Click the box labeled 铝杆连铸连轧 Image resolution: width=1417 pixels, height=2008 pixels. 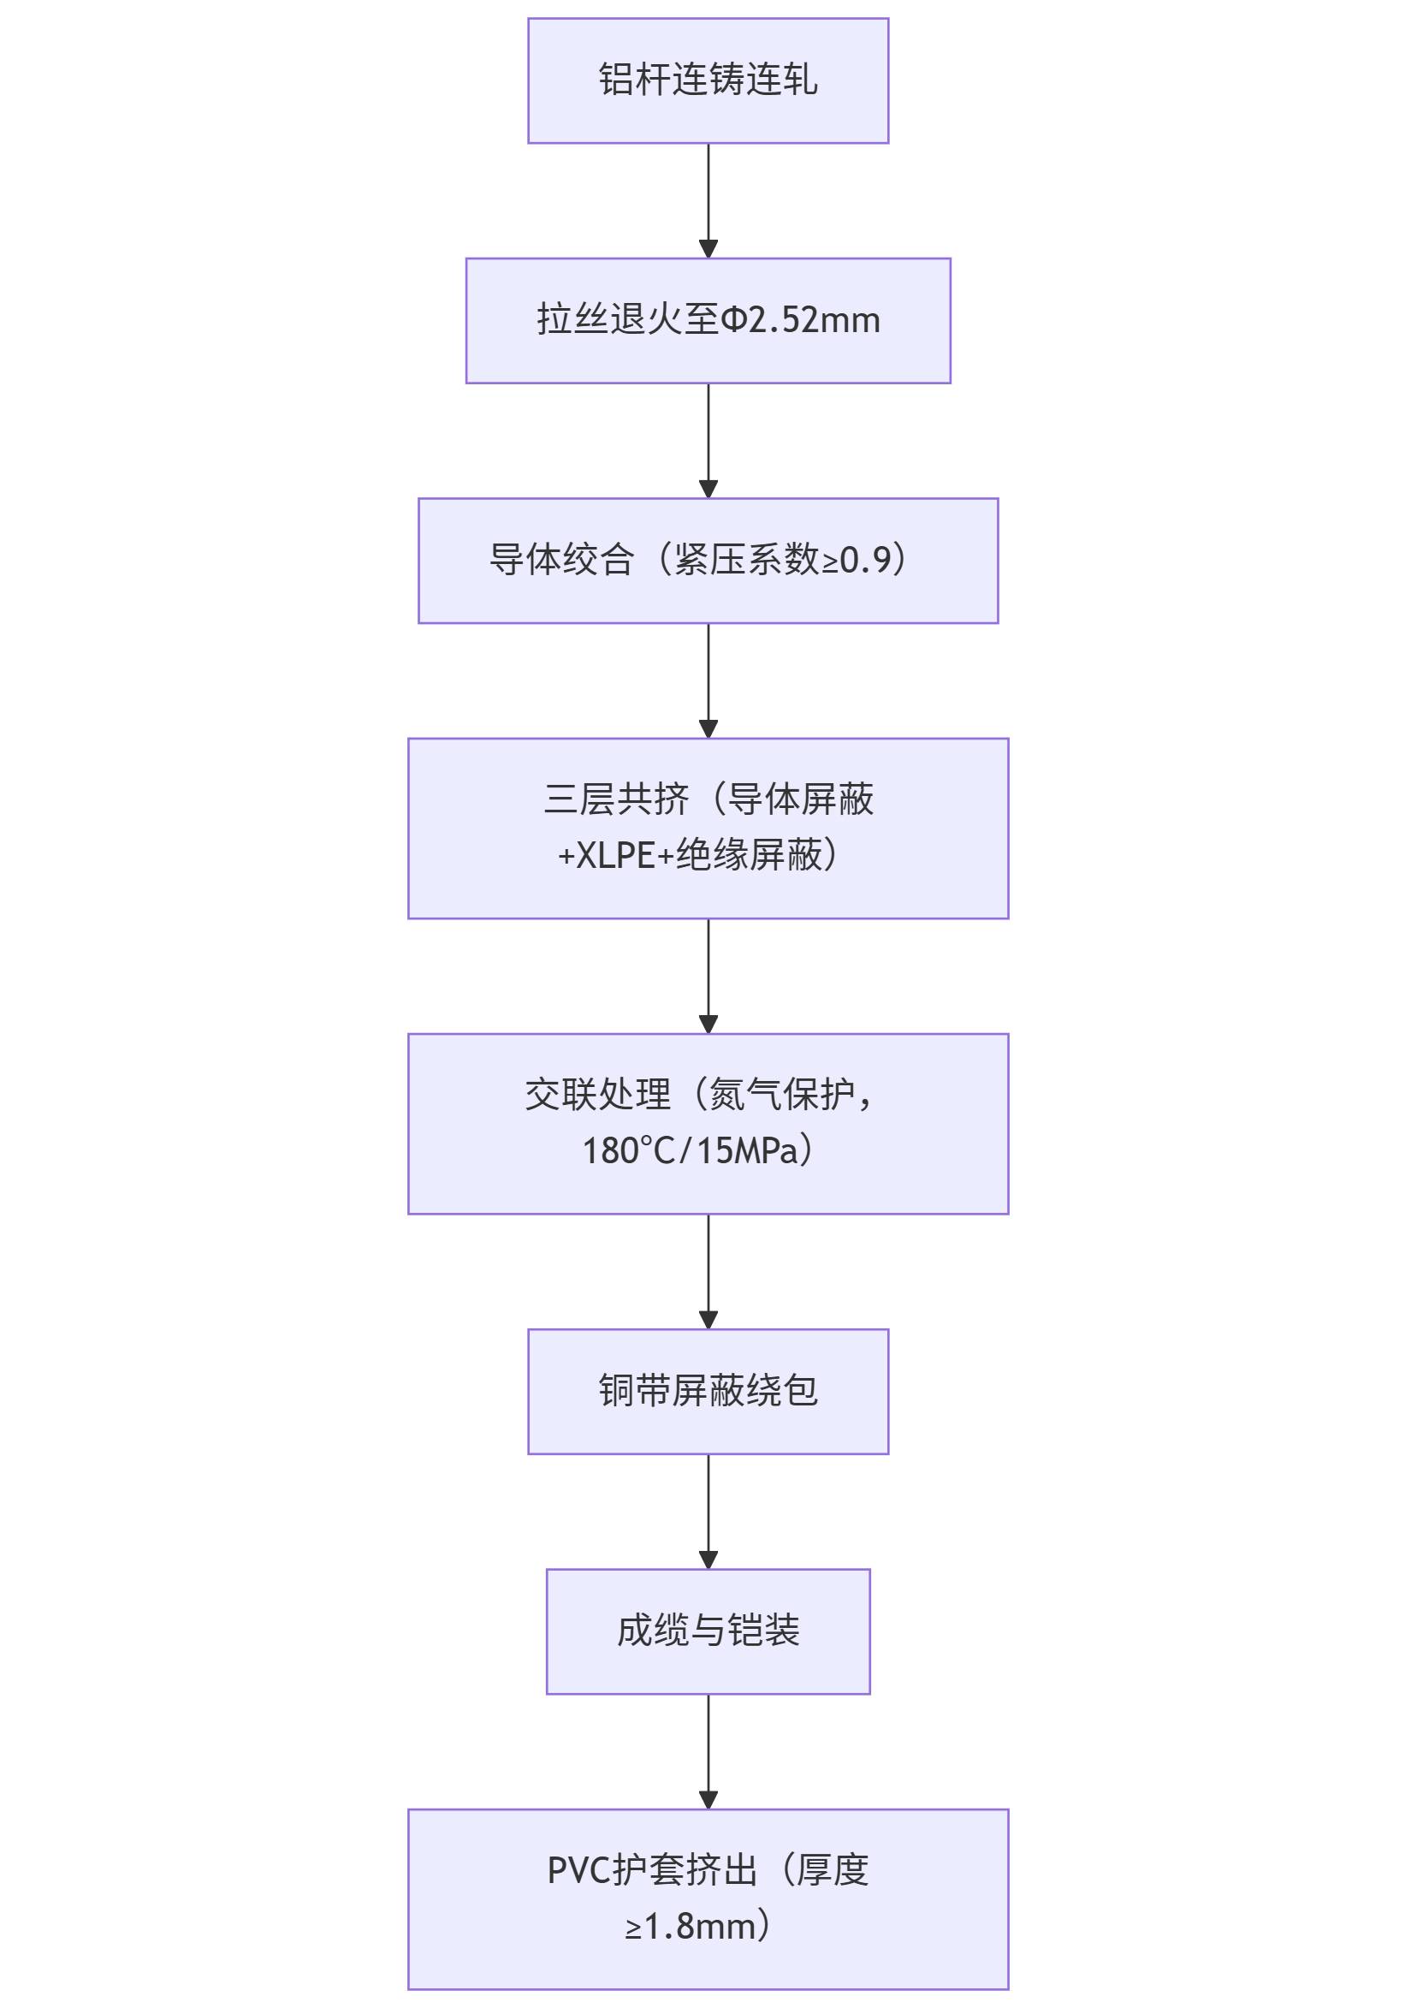point(708,80)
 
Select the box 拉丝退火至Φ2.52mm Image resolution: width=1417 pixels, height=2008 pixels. point(708,320)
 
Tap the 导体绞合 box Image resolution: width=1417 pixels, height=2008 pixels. point(708,561)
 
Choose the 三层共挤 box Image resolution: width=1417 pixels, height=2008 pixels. point(708,829)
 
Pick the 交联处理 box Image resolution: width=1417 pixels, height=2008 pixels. point(708,1124)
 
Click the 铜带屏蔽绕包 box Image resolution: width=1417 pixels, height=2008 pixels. point(708,1392)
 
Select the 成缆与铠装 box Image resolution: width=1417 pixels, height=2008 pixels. point(708,1632)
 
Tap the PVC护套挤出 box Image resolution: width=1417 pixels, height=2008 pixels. point(708,1898)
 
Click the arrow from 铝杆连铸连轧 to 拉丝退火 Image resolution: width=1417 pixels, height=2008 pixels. point(708,200)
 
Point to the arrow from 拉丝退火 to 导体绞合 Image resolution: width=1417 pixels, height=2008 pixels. point(708,441)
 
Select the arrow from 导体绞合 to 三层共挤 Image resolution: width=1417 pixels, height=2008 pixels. point(708,680)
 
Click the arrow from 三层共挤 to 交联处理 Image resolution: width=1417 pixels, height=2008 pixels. point(708,976)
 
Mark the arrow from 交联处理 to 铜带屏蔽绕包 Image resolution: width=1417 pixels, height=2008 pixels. point(708,1272)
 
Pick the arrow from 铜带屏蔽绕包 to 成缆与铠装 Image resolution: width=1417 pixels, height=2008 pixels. point(708,1512)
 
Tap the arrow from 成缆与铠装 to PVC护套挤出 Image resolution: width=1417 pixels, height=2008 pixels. point(708,1752)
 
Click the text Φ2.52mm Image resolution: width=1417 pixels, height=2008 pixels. point(801,320)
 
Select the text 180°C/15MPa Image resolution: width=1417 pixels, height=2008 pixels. point(691,1151)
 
